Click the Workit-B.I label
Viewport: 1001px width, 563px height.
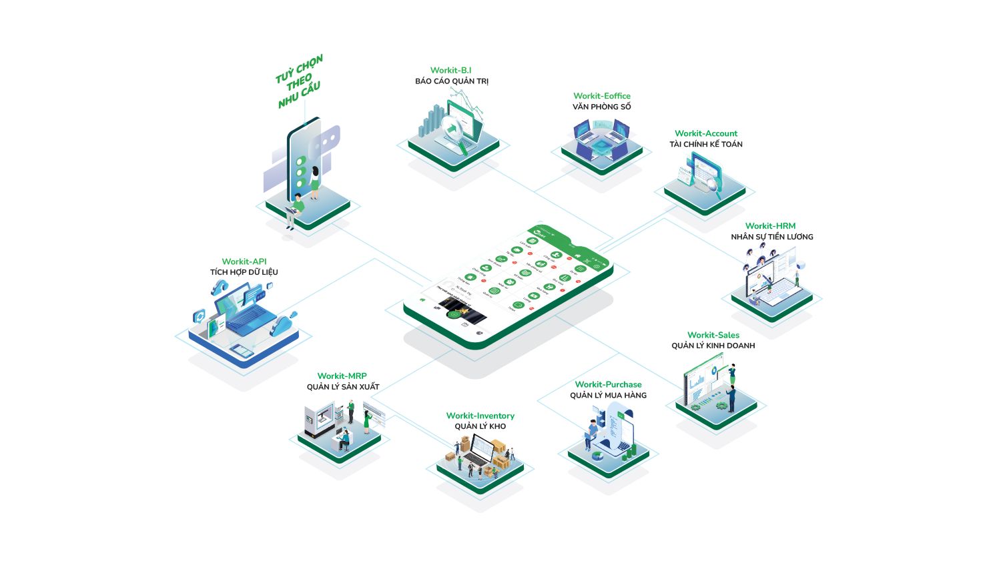(450, 70)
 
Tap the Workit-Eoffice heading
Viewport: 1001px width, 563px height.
(601, 96)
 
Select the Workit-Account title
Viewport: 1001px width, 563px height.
(705, 133)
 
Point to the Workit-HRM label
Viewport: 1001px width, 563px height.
(770, 226)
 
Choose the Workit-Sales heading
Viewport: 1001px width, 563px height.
(713, 335)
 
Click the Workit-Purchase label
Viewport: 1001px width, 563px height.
(608, 384)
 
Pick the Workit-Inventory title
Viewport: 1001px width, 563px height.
(480, 416)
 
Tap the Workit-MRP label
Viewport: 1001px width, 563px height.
(342, 376)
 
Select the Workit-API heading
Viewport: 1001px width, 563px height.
(244, 261)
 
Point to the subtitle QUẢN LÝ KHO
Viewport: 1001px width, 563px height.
(480, 427)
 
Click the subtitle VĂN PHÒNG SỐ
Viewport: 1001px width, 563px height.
(601, 107)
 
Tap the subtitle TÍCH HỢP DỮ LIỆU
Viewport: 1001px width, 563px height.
(244, 272)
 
